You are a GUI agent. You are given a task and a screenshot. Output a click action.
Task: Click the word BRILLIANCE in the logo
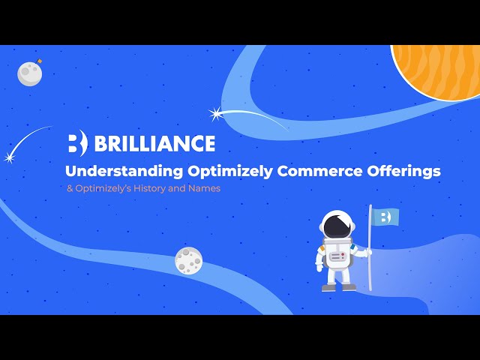154,143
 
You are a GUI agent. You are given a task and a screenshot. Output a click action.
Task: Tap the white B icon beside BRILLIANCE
77,143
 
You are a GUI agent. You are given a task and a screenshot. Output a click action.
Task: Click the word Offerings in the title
403,171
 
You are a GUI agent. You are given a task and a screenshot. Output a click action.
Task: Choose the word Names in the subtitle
206,188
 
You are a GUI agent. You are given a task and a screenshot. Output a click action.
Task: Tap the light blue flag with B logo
385,217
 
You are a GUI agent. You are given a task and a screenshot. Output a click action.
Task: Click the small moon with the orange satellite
30,73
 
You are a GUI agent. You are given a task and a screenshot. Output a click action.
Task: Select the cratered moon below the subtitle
188,260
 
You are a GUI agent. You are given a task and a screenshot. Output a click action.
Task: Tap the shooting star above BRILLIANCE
218,114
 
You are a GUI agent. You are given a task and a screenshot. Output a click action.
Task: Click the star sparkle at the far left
10,157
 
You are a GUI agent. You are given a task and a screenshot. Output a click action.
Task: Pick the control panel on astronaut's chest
338,256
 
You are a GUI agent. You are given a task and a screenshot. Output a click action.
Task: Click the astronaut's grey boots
338,286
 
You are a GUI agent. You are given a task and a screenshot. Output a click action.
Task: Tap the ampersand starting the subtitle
69,188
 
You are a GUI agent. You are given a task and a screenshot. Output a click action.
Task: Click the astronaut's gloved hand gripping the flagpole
366,253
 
